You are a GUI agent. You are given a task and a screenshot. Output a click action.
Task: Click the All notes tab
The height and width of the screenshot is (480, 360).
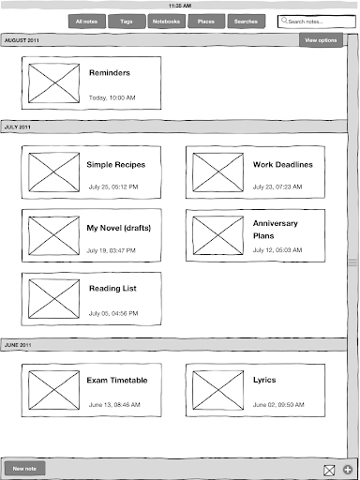pos(87,22)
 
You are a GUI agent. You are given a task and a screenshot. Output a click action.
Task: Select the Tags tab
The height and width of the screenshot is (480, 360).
pos(127,22)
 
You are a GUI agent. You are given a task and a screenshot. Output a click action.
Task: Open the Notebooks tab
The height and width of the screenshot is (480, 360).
pos(166,22)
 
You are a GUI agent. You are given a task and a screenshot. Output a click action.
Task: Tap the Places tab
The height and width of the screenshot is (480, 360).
pos(206,22)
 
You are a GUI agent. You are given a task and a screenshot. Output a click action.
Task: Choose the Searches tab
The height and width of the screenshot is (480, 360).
pos(246,22)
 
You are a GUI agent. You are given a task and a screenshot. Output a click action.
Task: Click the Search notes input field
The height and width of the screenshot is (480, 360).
pos(317,22)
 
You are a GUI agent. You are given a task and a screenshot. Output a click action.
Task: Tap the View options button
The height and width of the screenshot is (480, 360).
pos(321,40)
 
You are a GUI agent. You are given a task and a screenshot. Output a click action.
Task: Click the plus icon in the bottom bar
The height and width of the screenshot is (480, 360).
pos(348,470)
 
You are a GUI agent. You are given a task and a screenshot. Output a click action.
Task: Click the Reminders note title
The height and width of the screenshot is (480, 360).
pos(110,73)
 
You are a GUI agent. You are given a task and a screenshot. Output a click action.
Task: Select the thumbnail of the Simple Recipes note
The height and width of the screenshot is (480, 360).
pos(54,172)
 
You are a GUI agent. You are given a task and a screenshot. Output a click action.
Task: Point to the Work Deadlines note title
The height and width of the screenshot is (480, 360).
pos(283,165)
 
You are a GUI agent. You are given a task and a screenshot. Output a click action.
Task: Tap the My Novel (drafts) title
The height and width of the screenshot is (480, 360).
pos(119,228)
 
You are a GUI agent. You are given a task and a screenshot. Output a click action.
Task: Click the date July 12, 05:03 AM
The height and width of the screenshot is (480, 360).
pos(277,250)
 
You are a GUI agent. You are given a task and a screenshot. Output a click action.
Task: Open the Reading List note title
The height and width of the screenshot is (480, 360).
pos(112,289)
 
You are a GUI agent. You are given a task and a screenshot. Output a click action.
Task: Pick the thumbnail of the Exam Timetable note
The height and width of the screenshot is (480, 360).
pos(54,390)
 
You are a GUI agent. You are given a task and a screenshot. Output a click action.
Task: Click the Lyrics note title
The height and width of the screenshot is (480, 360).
pos(264,380)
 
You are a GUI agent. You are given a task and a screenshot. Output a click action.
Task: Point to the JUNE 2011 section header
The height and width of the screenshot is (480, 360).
pos(18,345)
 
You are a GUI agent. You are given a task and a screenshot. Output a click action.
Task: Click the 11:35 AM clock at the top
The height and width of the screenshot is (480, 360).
pos(180,6)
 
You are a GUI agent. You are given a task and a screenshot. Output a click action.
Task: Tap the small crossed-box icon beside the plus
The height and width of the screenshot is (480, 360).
pos(329,470)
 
